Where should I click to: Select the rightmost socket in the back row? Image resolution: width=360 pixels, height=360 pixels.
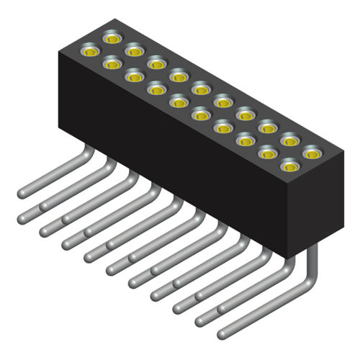pos(312,153)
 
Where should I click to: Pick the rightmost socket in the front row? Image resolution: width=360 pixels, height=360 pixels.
pos(289,167)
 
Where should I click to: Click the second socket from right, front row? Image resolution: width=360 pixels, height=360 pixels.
pos(267,153)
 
